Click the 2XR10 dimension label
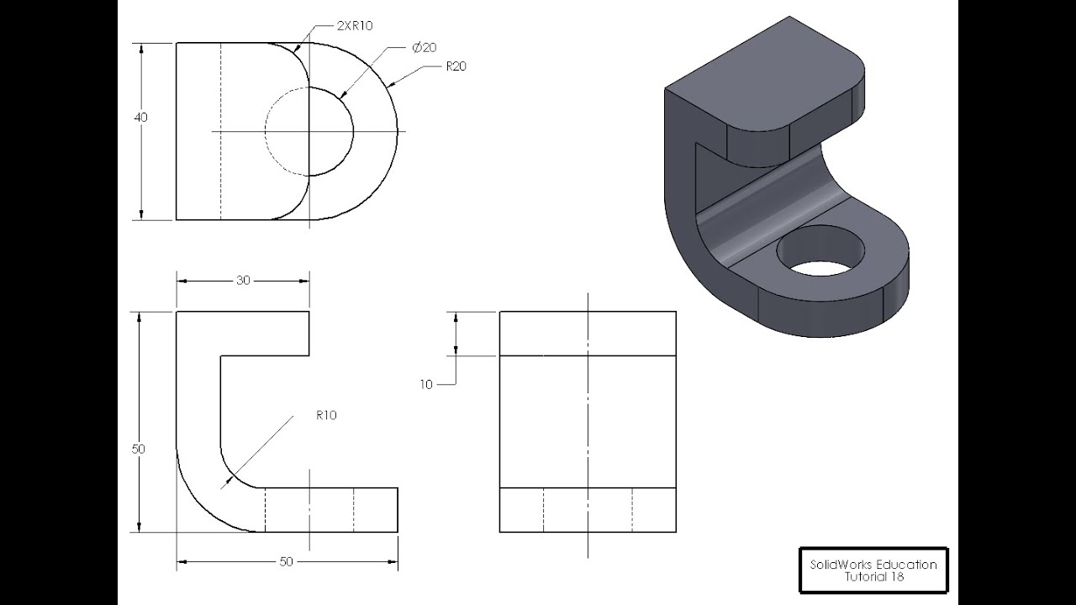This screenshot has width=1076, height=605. [354, 26]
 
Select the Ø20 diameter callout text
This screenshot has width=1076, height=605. [425, 48]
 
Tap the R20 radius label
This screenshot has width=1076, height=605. [456, 66]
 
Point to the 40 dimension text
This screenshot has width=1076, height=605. [140, 118]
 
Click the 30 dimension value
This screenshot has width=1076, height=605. [243, 281]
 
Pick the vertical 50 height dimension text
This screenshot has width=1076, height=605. [139, 450]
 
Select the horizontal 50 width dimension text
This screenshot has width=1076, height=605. [286, 561]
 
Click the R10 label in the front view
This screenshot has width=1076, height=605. [326, 415]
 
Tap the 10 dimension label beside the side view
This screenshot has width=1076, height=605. [426, 385]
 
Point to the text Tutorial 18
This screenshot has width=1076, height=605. [873, 577]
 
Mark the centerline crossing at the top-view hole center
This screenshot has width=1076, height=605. [309, 131]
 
